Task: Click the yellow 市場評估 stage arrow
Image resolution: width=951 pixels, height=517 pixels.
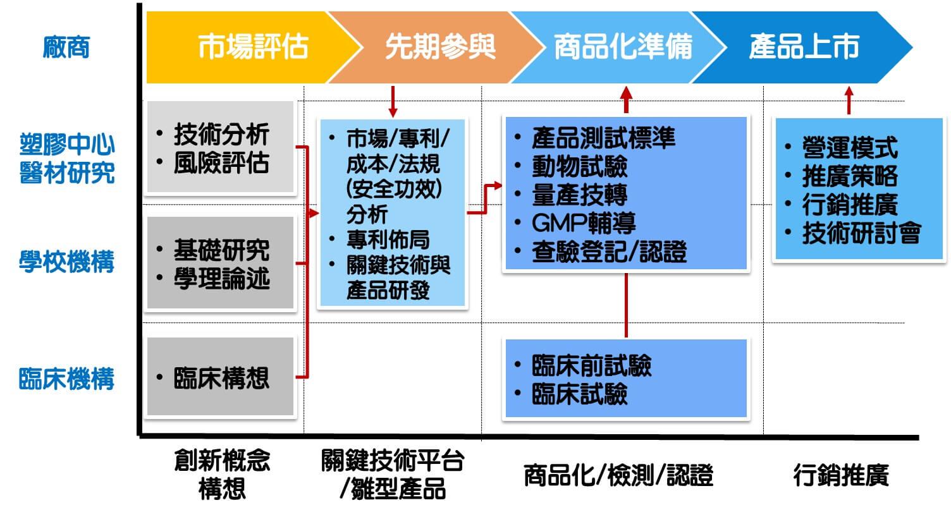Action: tap(247, 47)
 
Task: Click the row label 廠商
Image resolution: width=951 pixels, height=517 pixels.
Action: tap(66, 47)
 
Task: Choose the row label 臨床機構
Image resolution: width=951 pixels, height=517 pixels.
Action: tap(67, 379)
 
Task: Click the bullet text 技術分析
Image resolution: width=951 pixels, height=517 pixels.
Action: tap(221, 134)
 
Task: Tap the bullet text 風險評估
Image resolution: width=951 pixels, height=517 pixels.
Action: tap(221, 163)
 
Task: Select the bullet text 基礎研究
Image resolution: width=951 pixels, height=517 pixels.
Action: tap(221, 250)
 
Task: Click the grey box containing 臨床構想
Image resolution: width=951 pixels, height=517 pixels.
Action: tap(221, 377)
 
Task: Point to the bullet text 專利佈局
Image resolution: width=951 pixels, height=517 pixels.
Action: tap(388, 240)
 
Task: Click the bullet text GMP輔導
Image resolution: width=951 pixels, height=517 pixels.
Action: tap(584, 223)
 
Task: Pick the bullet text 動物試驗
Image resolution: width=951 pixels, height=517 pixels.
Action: tap(579, 166)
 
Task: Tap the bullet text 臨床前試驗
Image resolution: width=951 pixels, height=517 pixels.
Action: tap(591, 366)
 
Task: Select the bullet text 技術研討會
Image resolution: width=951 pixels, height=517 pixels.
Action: tap(861, 233)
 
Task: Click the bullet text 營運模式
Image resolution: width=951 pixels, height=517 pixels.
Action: tap(850, 148)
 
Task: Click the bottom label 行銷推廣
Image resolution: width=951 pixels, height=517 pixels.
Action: tap(841, 475)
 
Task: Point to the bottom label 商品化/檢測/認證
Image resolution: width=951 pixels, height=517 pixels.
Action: tap(618, 475)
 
